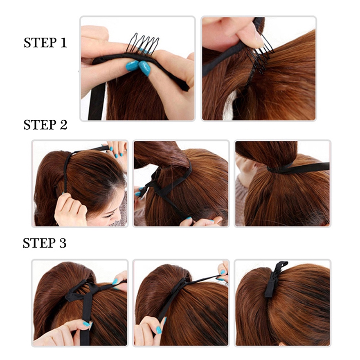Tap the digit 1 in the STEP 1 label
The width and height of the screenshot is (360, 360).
click(x=63, y=43)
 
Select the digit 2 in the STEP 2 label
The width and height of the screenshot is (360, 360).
click(x=63, y=125)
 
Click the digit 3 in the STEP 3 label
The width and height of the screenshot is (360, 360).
click(x=62, y=243)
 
